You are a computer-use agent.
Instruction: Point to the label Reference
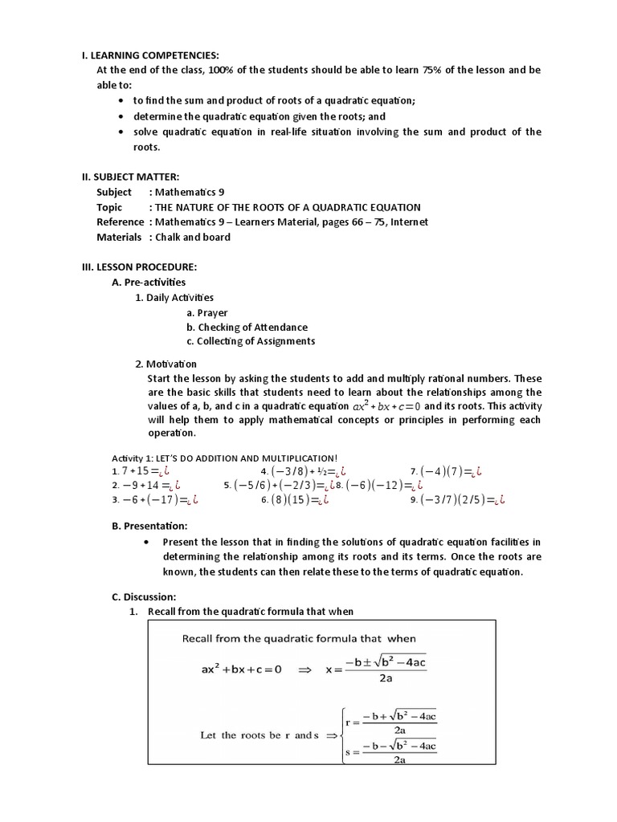click(120, 222)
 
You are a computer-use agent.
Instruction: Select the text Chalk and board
click(193, 237)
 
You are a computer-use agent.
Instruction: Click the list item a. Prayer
click(206, 312)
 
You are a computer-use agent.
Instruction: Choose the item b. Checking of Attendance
click(247, 327)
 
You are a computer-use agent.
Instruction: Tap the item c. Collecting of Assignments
click(250, 341)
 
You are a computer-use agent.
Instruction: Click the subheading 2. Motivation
click(165, 364)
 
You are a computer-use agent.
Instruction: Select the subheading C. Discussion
click(144, 596)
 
